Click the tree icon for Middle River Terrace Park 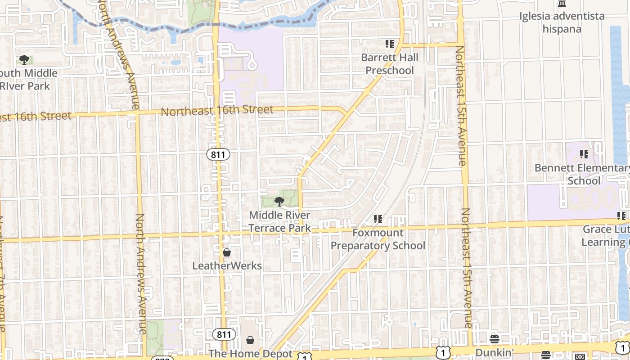(x=279, y=201)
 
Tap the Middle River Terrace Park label (x=279, y=221)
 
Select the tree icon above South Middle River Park (x=24, y=60)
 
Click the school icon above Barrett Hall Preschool (x=390, y=44)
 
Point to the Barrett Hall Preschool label (x=390, y=64)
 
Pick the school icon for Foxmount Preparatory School (x=378, y=219)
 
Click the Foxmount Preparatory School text (x=378, y=239)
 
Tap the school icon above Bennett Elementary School (x=584, y=154)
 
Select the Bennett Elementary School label (x=584, y=174)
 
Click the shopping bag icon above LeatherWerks (x=227, y=252)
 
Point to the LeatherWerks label (x=227, y=265)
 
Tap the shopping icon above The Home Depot (x=250, y=340)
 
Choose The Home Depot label (x=251, y=354)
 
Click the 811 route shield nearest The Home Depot (x=224, y=334)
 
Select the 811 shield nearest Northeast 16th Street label (x=218, y=154)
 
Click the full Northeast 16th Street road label (x=217, y=111)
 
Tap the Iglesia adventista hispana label (x=562, y=22)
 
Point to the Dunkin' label (x=494, y=352)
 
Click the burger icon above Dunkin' (x=495, y=339)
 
